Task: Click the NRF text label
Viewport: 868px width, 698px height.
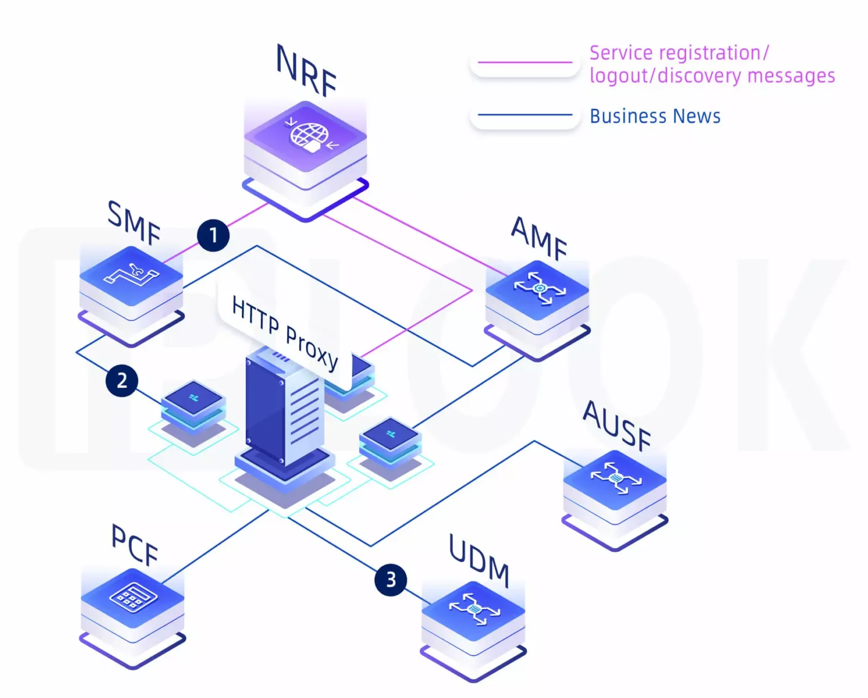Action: point(307,71)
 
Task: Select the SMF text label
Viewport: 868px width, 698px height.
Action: point(134,222)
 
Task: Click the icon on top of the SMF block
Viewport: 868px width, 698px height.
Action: point(132,274)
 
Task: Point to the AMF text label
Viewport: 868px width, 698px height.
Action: point(539,238)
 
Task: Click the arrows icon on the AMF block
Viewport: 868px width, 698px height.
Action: point(539,288)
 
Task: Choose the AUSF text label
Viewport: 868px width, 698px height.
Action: point(617,425)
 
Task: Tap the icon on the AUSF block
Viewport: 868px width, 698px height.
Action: point(616,478)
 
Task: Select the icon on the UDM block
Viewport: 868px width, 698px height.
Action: point(474,609)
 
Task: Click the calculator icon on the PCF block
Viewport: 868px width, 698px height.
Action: point(133,597)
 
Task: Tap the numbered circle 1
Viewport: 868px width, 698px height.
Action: point(213,235)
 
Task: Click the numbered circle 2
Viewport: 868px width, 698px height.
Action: point(122,380)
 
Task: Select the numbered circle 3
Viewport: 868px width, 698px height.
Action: point(390,579)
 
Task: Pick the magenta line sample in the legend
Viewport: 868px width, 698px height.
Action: point(525,62)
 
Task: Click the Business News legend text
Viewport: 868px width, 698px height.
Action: point(655,116)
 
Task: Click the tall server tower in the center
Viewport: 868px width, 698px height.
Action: point(284,410)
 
